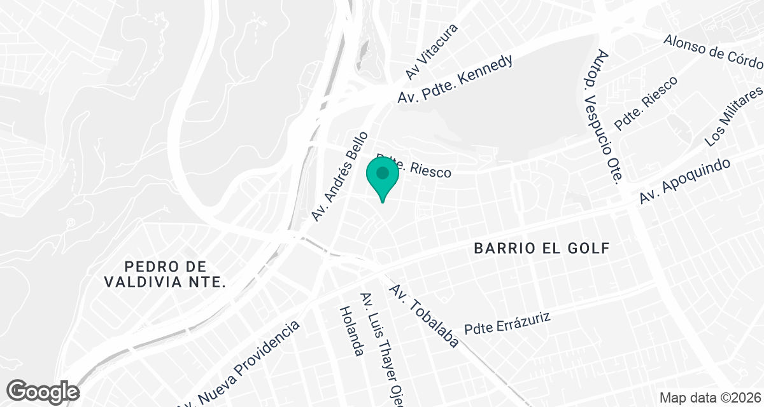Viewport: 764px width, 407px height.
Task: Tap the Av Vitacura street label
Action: point(432,53)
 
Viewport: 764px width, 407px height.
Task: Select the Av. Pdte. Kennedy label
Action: point(455,80)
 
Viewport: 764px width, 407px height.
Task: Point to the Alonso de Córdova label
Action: point(713,52)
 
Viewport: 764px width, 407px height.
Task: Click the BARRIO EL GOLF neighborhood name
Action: point(542,249)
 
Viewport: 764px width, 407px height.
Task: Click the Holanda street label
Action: point(351,330)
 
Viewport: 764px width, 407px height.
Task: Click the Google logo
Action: point(43,391)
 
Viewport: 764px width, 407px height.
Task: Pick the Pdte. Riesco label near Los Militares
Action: point(646,103)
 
